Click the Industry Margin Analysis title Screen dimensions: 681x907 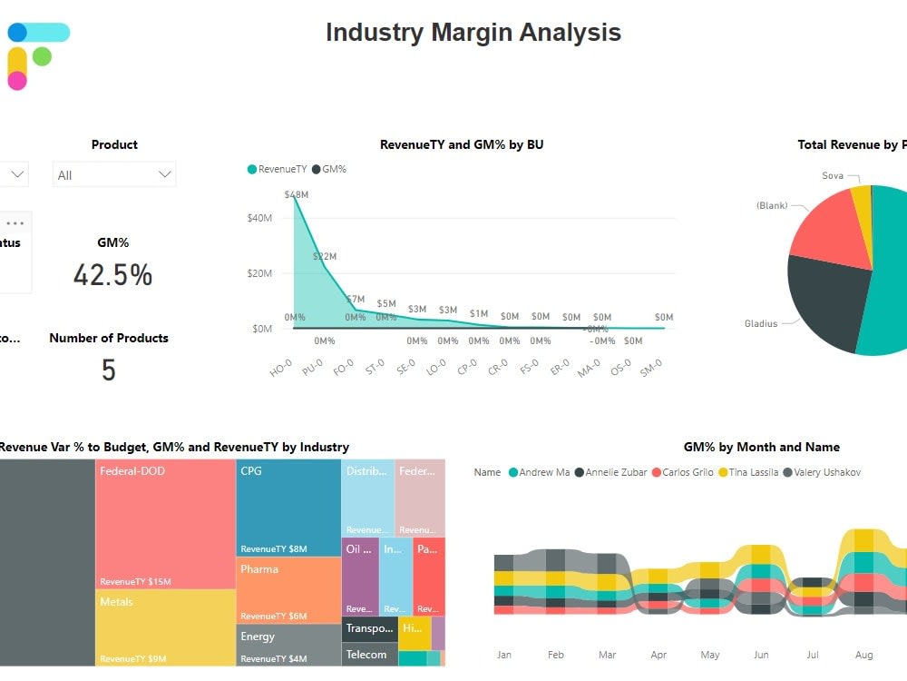(473, 33)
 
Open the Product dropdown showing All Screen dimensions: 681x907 (114, 174)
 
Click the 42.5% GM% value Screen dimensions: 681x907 (112, 275)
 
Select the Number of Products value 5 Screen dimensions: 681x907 (109, 370)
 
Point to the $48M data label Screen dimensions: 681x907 (296, 194)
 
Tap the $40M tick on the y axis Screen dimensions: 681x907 (259, 218)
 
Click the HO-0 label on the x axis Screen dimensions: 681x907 (281, 368)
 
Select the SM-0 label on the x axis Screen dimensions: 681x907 (651, 368)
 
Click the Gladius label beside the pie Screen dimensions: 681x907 (761, 323)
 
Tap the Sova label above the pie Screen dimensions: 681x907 (833, 175)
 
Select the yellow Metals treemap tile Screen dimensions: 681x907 (165, 627)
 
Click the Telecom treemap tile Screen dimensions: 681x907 (369, 655)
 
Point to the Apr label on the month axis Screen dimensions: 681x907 (658, 655)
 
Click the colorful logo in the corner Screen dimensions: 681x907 (36, 55)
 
